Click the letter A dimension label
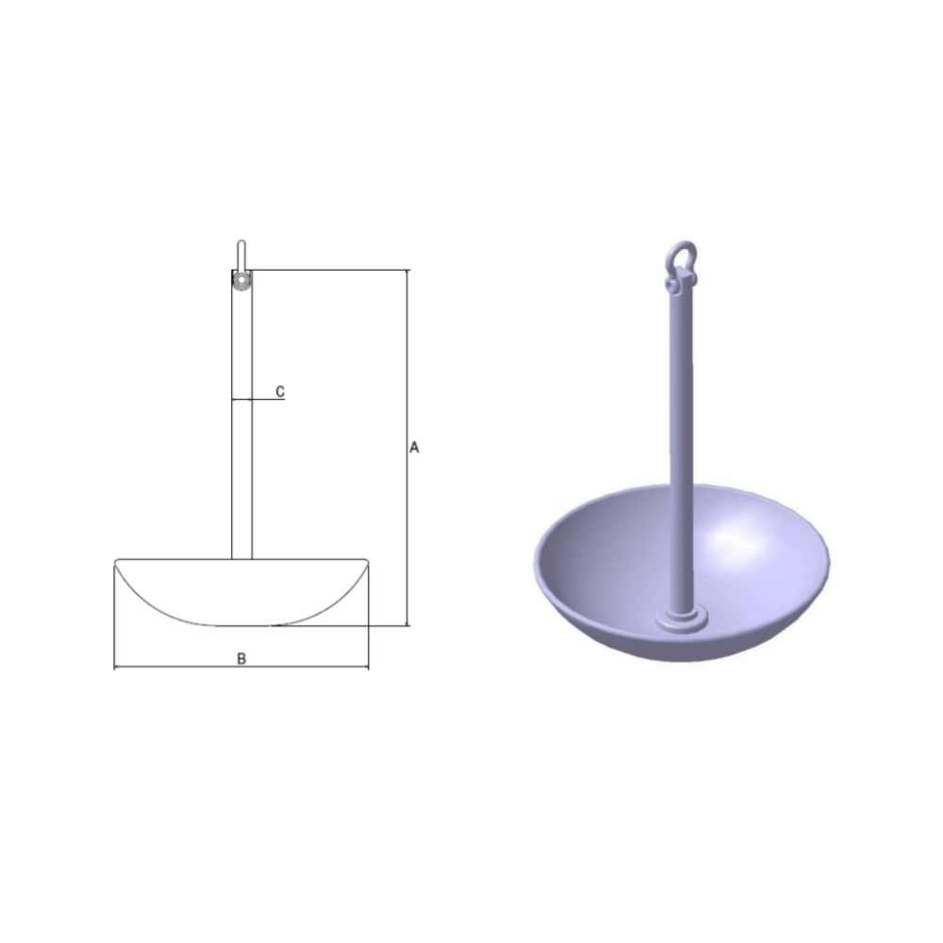[x=413, y=448]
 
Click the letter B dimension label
[x=241, y=658]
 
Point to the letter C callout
[x=280, y=390]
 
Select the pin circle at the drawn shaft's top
[x=242, y=281]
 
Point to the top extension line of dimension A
[x=330, y=271]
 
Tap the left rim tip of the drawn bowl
[x=117, y=563]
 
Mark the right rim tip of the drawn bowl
[x=366, y=563]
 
